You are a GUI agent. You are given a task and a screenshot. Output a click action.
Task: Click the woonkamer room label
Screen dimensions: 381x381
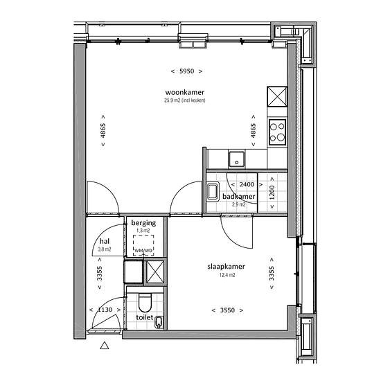(185, 92)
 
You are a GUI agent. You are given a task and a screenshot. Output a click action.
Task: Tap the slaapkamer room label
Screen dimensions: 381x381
(226, 267)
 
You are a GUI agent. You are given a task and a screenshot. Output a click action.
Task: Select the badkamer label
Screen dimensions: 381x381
(238, 196)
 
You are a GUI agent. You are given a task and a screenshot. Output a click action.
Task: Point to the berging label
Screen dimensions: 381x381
(143, 223)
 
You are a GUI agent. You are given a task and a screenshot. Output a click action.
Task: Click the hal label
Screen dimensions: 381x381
(105, 241)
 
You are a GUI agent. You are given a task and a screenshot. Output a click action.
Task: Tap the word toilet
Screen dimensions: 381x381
(145, 317)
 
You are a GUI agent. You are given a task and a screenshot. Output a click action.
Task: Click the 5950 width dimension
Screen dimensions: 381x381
(186, 71)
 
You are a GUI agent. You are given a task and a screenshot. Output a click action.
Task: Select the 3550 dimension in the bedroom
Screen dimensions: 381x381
(227, 310)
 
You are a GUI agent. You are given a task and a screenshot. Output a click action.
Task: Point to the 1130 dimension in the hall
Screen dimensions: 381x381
(105, 310)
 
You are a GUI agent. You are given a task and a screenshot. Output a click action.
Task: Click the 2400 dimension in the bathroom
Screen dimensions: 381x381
(247, 184)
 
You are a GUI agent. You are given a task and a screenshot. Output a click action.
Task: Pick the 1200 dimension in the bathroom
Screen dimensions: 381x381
(272, 193)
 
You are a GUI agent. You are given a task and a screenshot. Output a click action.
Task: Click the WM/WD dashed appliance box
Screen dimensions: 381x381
(143, 245)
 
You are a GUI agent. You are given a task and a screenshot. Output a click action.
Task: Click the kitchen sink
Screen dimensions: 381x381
(236, 159)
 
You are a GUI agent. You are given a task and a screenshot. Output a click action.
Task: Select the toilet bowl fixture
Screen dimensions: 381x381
(145, 303)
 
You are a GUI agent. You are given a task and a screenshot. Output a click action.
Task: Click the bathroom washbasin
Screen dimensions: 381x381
(213, 191)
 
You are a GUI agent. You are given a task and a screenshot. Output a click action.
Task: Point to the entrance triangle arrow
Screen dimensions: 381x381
(105, 345)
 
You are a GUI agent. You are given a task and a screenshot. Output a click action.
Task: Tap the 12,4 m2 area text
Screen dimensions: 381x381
(227, 275)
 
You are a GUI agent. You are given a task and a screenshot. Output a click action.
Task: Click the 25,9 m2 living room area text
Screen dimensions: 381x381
(185, 100)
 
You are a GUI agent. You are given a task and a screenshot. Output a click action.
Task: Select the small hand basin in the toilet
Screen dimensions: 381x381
(159, 322)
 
